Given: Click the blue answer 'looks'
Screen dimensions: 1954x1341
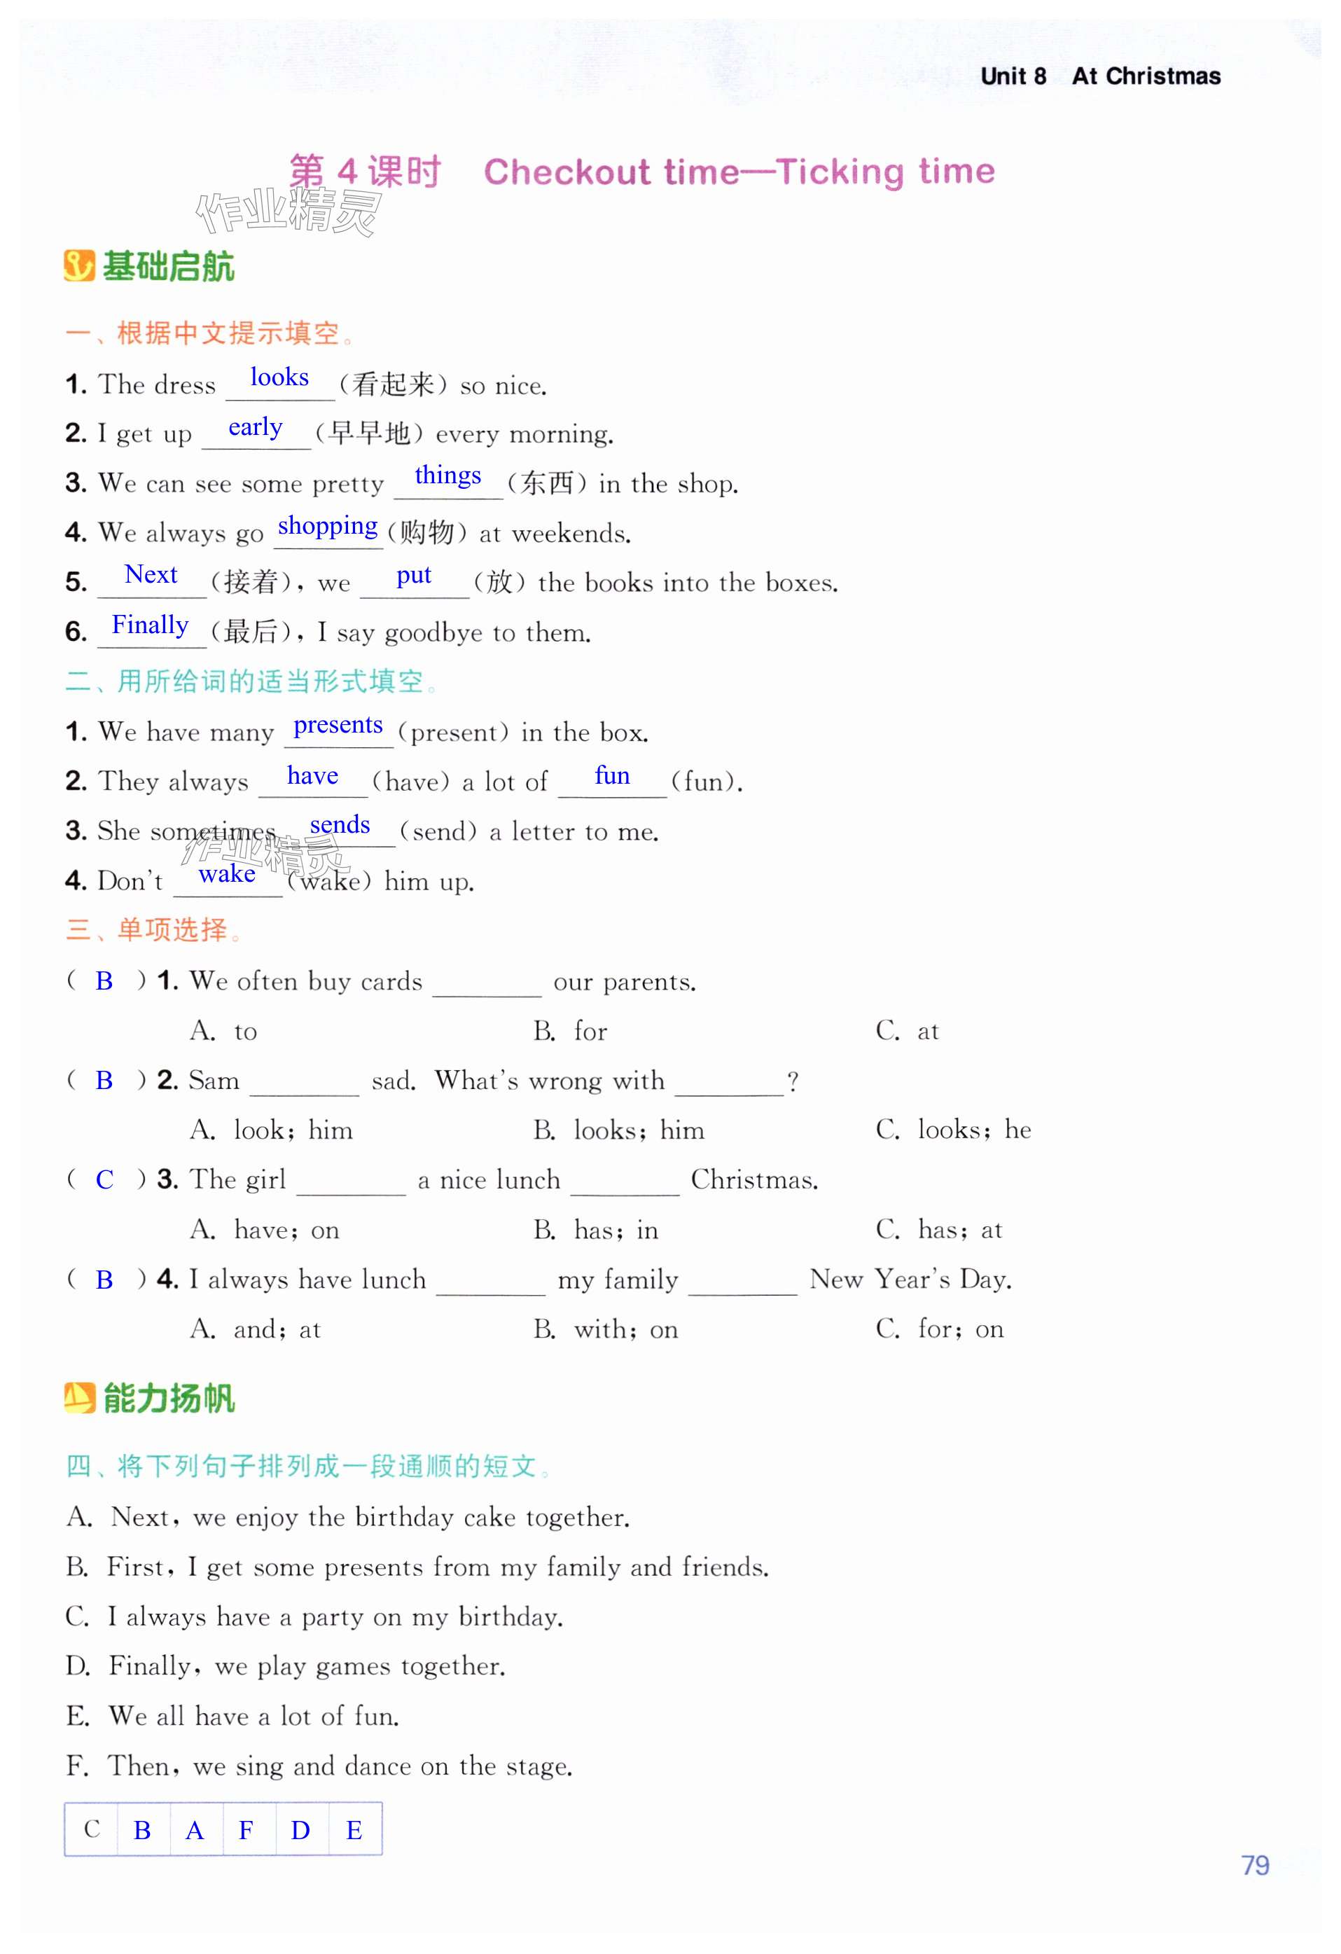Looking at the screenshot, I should point(279,377).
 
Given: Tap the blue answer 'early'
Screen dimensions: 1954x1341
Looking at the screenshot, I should point(256,427).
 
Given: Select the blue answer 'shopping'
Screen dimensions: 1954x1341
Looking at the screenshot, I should point(327,527).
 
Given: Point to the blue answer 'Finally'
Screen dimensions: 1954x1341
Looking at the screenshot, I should point(150,625).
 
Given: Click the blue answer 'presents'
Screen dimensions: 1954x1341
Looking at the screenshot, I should point(338,725).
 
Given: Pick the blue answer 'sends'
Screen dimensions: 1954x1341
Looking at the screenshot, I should point(340,825).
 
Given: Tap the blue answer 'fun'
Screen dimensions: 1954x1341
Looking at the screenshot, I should point(611,775).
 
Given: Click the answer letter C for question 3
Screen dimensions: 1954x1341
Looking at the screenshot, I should point(104,1179).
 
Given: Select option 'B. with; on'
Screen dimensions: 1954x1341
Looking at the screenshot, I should point(605,1329).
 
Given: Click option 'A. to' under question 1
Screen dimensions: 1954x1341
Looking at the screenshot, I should point(223,1031).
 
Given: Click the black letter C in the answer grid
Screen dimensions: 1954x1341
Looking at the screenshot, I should point(92,1829).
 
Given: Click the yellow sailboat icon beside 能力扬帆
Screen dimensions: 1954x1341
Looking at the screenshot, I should point(80,1397).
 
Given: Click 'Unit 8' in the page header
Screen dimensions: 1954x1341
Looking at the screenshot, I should point(1013,76).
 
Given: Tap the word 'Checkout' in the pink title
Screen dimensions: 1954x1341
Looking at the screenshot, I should point(567,172).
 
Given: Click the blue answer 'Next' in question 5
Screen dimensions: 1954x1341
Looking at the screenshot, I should point(151,575).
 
